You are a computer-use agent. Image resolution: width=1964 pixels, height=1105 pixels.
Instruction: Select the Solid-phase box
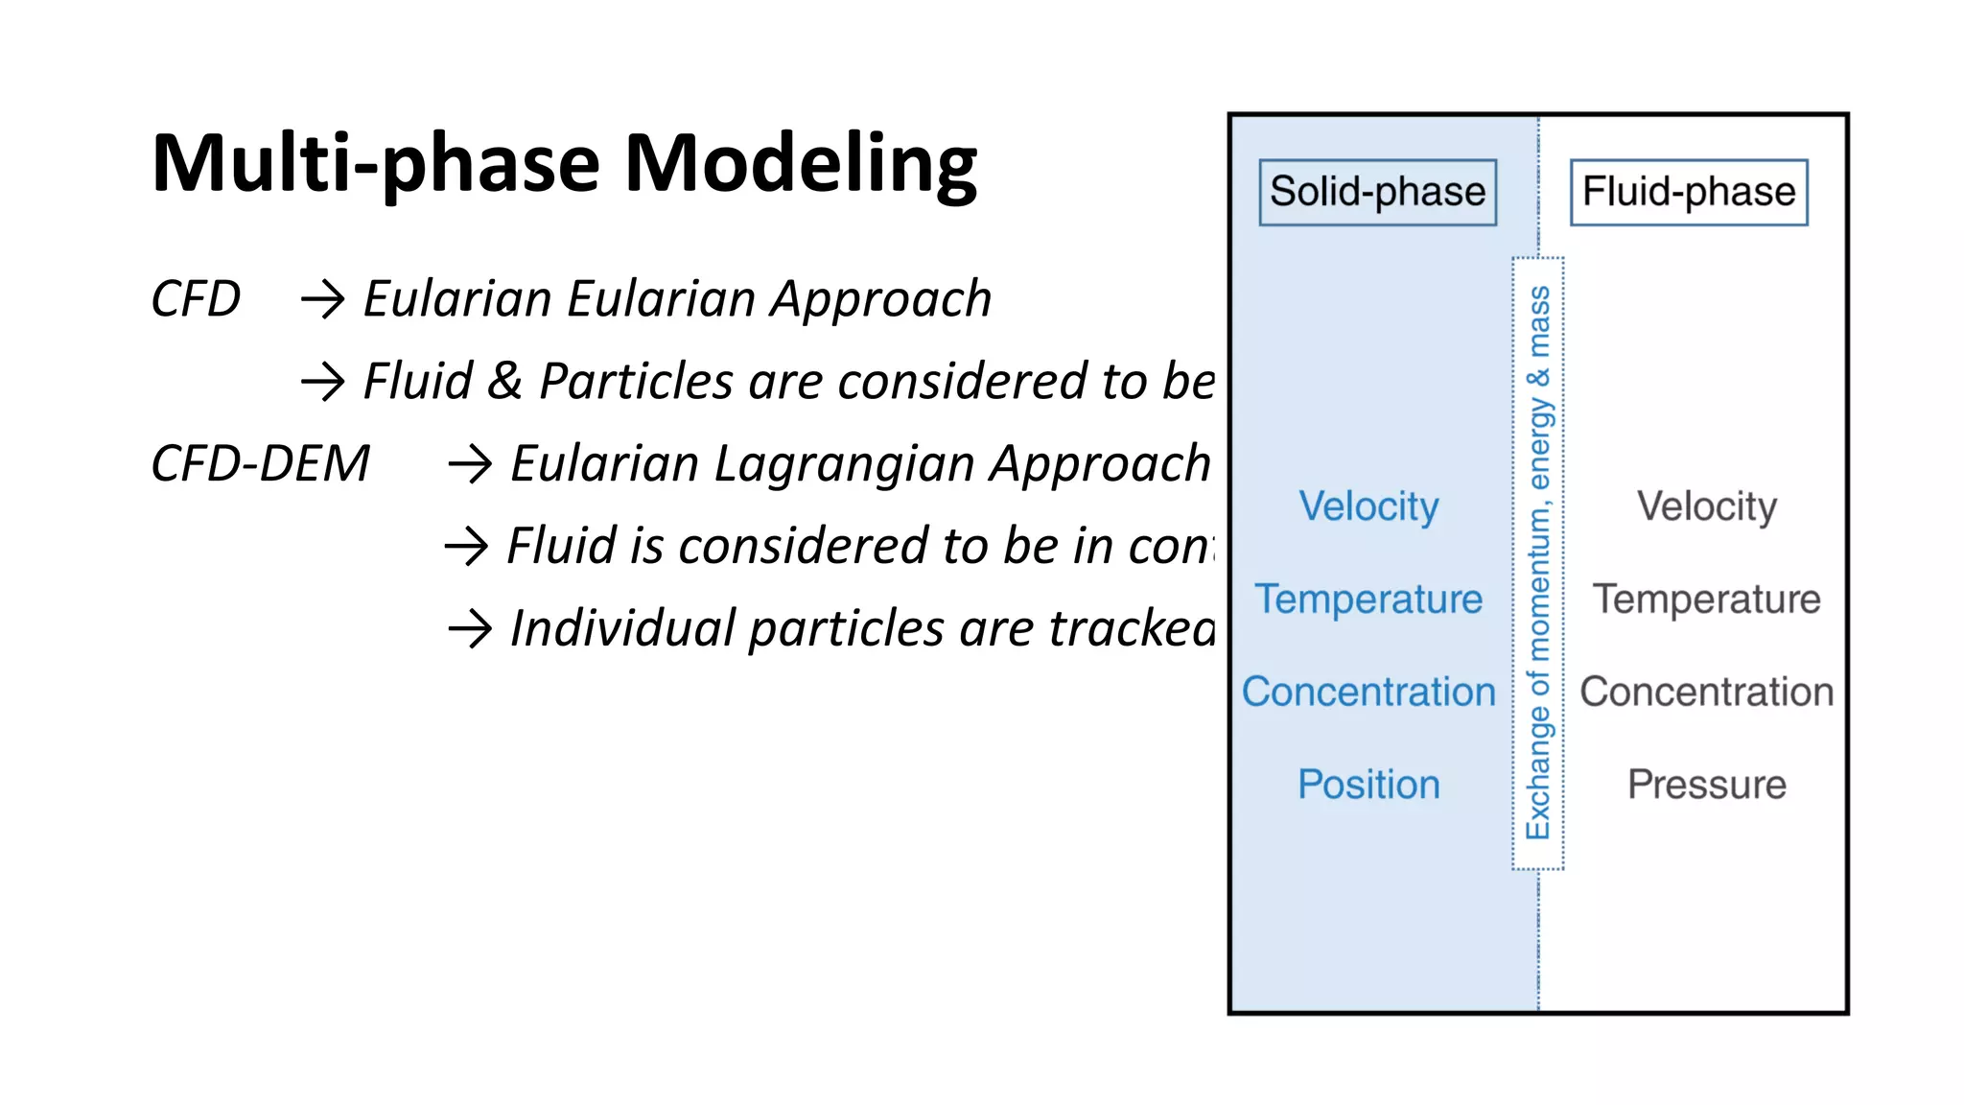(x=1377, y=192)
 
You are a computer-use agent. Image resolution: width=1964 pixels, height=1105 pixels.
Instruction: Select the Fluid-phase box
(x=1688, y=192)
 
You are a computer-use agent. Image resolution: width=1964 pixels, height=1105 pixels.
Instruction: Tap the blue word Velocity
(x=1368, y=505)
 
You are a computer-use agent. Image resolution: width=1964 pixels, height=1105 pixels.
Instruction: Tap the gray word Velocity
(x=1706, y=505)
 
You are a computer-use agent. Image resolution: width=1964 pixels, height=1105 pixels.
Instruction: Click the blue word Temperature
(x=1368, y=599)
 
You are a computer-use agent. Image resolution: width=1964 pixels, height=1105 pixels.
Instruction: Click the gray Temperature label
(x=1706, y=599)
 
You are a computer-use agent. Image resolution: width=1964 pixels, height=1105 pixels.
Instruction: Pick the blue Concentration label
(x=1368, y=692)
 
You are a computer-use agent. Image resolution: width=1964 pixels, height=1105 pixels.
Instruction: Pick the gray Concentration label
(x=1706, y=692)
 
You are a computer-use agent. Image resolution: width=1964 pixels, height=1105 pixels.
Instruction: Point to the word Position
(x=1368, y=785)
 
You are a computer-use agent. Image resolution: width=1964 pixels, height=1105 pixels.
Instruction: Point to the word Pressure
(x=1706, y=785)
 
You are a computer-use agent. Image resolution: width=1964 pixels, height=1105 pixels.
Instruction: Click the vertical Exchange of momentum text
(x=1538, y=562)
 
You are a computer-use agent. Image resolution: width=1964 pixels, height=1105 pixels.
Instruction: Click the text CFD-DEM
(x=260, y=463)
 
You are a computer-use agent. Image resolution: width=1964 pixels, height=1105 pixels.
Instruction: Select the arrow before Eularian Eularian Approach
(x=322, y=299)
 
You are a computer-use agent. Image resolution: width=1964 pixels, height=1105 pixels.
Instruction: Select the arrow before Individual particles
(x=470, y=629)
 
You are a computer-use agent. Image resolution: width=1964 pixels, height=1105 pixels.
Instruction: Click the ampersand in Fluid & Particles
(x=504, y=381)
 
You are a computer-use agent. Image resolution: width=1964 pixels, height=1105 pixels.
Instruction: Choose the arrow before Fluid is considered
(x=467, y=547)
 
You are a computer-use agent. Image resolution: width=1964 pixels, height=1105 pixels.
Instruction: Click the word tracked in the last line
(x=1132, y=629)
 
